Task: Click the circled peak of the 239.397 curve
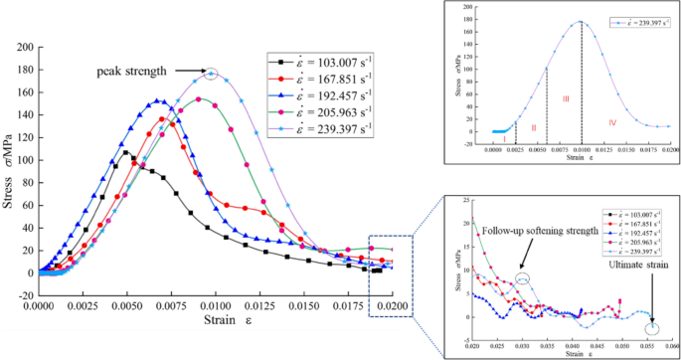pyautogui.click(x=210, y=74)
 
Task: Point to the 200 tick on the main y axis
pyautogui.click(x=26, y=47)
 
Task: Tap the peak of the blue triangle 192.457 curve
pyautogui.click(x=156, y=100)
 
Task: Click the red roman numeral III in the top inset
pyautogui.click(x=565, y=98)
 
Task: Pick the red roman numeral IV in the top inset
pyautogui.click(x=611, y=120)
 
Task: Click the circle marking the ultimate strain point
pyautogui.click(x=651, y=329)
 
